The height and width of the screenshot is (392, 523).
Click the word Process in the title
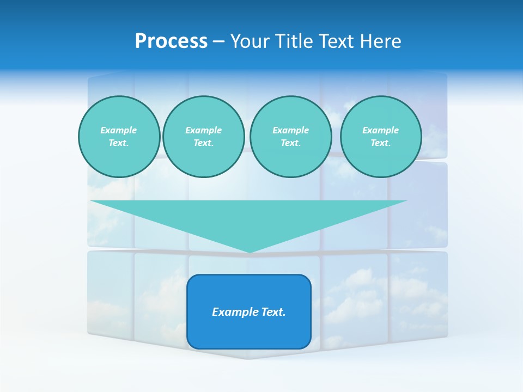click(171, 41)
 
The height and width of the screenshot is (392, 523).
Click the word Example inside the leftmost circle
click(119, 130)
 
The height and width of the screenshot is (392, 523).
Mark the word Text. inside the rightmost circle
click(380, 143)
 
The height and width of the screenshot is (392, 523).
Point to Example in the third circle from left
click(290, 130)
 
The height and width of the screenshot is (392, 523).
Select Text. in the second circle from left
click(203, 143)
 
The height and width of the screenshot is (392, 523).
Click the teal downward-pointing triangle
click(249, 218)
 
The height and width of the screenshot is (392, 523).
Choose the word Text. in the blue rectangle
click(273, 312)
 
